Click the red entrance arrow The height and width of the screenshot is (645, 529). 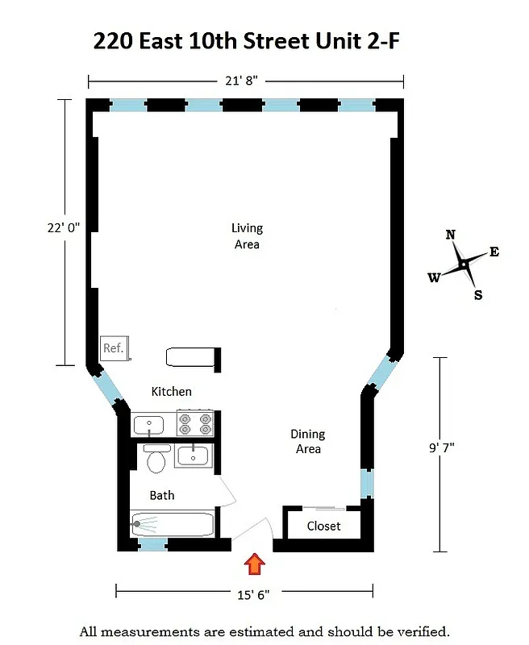[x=255, y=564]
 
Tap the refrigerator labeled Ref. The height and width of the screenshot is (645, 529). [x=113, y=348]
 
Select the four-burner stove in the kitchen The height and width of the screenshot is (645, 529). [x=195, y=423]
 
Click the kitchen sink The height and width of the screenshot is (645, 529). [x=149, y=424]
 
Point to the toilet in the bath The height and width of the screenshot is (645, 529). [x=157, y=460]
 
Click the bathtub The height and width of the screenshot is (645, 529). [x=172, y=524]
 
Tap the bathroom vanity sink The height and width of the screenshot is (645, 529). [x=194, y=456]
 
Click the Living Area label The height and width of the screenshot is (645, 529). [x=247, y=236]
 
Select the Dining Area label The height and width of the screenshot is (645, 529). [x=308, y=441]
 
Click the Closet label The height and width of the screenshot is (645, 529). [x=323, y=526]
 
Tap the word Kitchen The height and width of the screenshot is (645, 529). [x=172, y=392]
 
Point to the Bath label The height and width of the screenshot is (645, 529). [x=161, y=495]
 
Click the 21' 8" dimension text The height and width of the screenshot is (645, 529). [x=244, y=81]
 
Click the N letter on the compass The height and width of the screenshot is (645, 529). [x=451, y=235]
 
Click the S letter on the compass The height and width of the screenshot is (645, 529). [x=478, y=295]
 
